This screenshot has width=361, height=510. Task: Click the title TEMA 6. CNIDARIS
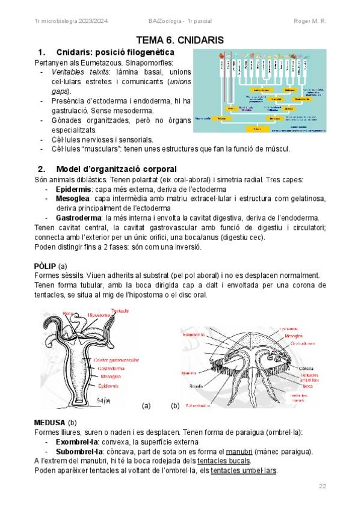(x=180, y=40)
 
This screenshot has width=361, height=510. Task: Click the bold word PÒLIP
(x=46, y=266)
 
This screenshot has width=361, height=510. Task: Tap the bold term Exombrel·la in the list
(x=76, y=442)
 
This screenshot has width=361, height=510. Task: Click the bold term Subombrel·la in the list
(x=79, y=451)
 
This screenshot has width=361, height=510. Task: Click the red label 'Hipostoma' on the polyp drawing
(x=99, y=315)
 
